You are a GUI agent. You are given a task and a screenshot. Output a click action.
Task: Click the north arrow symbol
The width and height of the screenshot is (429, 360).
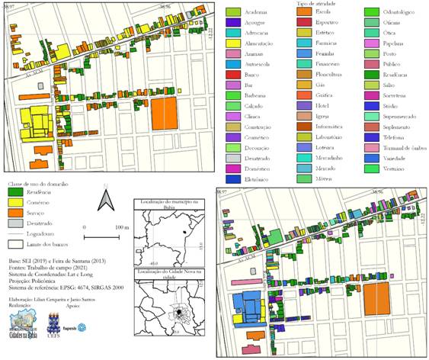[x=107, y=202]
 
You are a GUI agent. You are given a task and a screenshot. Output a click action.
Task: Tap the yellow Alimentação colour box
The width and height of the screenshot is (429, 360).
[x=234, y=45]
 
